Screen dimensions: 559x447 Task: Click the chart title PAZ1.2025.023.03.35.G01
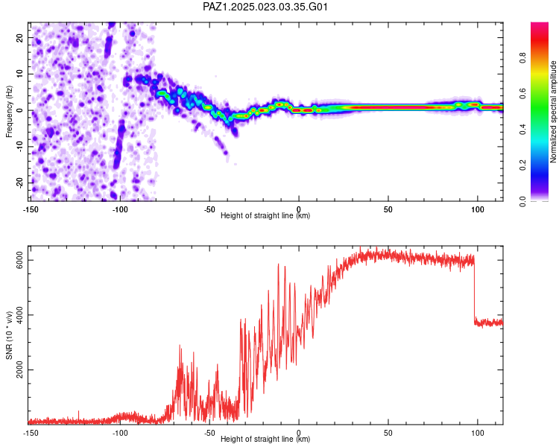265,7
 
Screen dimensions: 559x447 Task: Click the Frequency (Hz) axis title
9,112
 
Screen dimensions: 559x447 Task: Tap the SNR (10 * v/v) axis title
9,335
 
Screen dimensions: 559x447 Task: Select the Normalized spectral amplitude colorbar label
553,112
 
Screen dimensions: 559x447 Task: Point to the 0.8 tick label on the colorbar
522,57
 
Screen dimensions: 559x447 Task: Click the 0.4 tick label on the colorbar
522,130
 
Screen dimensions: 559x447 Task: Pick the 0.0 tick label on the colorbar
522,201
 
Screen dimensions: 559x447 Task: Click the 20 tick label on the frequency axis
19,38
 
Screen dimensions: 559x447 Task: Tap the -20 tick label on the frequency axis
19,183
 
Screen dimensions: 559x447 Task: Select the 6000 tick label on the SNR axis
19,260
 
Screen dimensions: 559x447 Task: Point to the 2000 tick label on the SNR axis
19,370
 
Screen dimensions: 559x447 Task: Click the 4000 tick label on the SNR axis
19,315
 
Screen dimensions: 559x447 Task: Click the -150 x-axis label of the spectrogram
31,209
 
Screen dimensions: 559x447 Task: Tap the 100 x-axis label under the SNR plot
477,433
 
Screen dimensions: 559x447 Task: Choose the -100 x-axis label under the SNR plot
120,433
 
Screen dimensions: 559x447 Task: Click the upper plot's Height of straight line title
265,215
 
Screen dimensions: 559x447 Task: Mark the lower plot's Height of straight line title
265,439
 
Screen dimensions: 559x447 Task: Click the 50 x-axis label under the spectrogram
388,209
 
